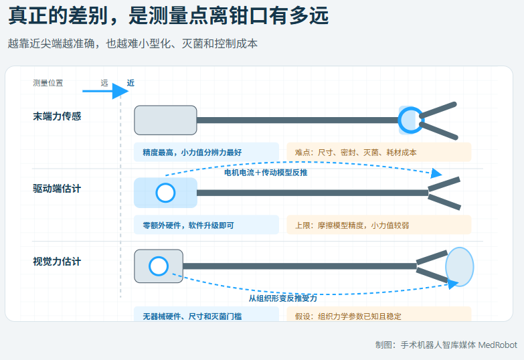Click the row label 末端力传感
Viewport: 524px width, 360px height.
(57, 116)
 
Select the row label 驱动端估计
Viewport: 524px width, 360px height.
(57, 189)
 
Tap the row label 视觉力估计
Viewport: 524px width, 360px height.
(57, 262)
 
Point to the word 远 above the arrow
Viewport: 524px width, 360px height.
(104, 83)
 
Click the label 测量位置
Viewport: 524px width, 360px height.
(48, 83)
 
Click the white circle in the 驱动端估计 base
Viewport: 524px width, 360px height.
(165, 193)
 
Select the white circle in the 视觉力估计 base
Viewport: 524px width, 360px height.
(159, 266)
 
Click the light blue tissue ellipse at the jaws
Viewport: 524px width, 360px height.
(460, 267)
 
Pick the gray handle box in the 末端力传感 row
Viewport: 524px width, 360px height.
(165, 120)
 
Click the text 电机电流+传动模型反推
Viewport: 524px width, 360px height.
(266, 173)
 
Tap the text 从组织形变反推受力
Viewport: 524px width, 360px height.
(282, 298)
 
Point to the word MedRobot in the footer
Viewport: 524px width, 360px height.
(498, 345)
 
